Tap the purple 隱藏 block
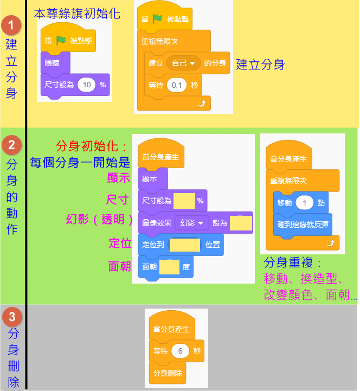click(53, 63)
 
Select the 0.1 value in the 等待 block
click(177, 85)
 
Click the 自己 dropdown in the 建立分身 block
click(183, 63)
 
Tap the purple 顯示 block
click(151, 179)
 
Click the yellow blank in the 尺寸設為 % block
click(184, 201)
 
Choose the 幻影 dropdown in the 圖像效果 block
click(194, 223)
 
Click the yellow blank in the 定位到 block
click(185, 245)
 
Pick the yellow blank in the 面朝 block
click(170, 267)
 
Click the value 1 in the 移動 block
click(305, 202)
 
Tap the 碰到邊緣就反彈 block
click(303, 224)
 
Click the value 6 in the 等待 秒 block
click(180, 351)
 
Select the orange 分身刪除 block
click(168, 373)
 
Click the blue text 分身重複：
click(293, 263)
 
